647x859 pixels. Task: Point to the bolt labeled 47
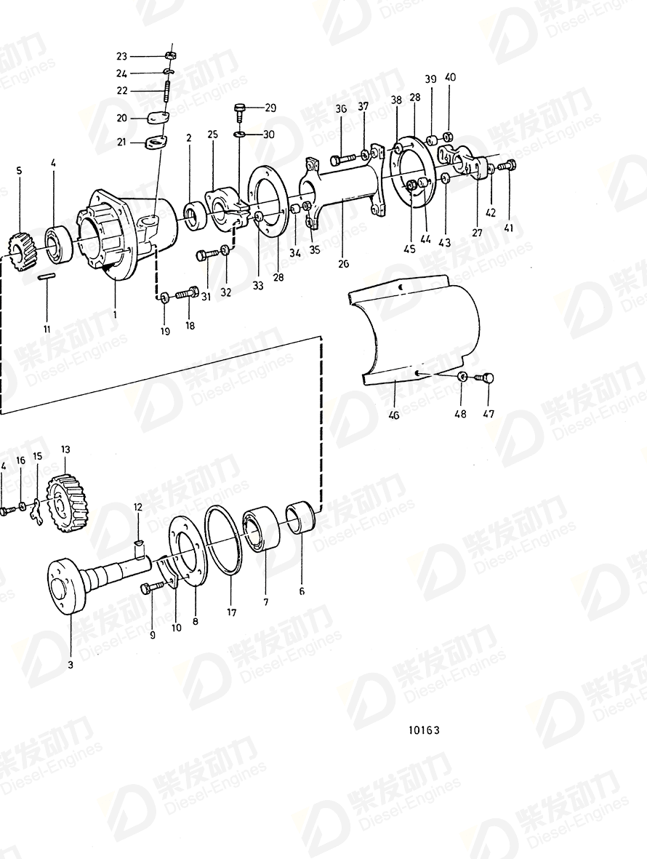[x=485, y=377]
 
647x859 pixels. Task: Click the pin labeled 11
[x=47, y=276]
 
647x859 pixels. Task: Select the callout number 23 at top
[x=121, y=56]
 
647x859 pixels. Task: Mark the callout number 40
[x=451, y=77]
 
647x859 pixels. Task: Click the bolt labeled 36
[x=342, y=157]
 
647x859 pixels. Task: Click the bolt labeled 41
[x=507, y=165]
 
